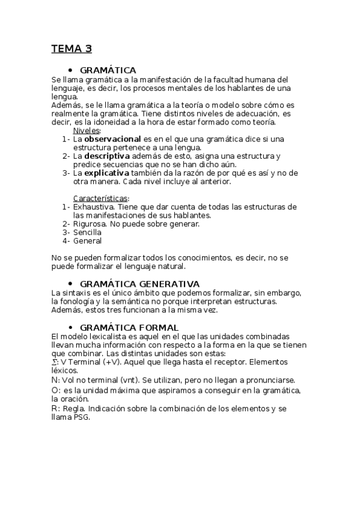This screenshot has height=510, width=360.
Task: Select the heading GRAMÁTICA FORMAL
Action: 129,327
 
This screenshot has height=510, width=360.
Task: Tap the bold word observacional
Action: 113,139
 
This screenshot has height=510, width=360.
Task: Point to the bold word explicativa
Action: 109,173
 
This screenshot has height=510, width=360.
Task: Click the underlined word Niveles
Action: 87,131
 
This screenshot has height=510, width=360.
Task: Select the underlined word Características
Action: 100,198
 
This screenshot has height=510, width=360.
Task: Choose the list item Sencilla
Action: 87,232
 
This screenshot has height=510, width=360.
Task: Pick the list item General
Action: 87,241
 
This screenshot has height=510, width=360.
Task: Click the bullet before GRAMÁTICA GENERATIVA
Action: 70,284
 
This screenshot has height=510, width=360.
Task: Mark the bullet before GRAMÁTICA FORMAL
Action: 70,327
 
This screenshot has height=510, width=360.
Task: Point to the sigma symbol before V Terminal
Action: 55,363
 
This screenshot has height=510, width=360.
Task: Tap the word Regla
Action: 73,410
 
